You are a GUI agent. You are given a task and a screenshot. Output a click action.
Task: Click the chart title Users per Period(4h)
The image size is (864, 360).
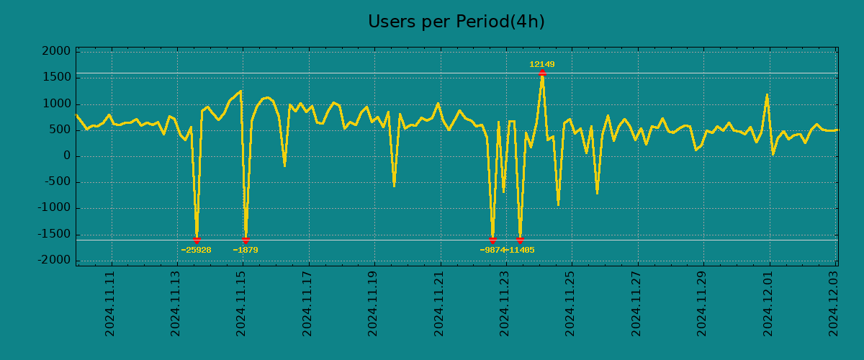[x=456, y=22]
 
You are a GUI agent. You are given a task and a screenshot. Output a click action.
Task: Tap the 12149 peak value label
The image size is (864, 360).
[x=541, y=65]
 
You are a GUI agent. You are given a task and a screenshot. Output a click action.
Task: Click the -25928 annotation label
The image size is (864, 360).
[x=196, y=251]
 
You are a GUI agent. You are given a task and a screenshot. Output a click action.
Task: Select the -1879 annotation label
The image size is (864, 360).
[x=246, y=251]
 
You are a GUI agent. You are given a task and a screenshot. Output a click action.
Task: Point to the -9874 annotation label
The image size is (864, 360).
[x=492, y=251]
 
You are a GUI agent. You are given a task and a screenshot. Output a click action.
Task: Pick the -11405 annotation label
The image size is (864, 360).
[x=520, y=251]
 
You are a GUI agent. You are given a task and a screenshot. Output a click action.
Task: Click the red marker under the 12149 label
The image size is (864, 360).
[x=542, y=73]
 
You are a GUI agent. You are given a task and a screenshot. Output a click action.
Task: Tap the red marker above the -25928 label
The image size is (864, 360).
[x=197, y=240]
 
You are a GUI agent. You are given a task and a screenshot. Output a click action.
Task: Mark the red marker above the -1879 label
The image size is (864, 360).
[x=246, y=240]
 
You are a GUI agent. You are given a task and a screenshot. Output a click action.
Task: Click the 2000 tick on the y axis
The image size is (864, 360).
[x=55, y=52]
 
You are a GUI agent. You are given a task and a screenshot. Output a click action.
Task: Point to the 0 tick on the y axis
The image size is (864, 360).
[x=66, y=156]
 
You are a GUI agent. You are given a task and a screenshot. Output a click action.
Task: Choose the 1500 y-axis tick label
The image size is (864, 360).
[x=55, y=78]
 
